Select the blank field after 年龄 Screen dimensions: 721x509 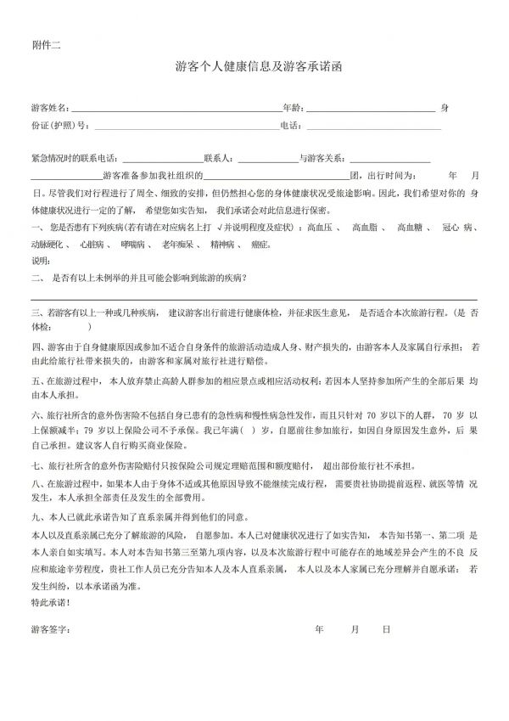tap(370, 110)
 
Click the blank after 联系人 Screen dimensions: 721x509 tap(267, 159)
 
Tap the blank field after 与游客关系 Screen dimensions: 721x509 tap(389, 159)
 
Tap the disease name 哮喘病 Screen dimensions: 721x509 tap(133, 245)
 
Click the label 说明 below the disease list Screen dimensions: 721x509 tap(40, 260)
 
